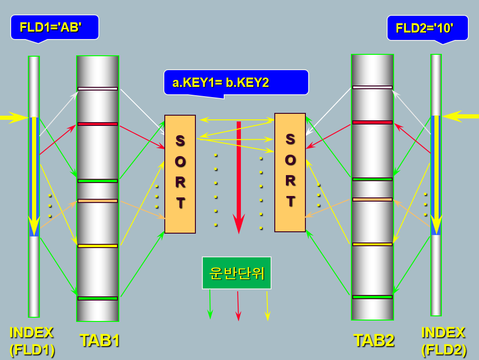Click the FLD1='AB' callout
click(54, 27)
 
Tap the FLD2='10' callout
click(427, 28)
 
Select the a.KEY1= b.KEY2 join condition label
click(236, 82)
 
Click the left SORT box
click(180, 174)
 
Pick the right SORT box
click(290, 172)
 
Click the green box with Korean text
click(237, 273)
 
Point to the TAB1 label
click(100, 340)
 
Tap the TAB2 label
click(374, 340)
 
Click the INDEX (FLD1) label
click(32, 341)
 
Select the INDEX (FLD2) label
click(444, 341)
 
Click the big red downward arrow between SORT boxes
click(239, 177)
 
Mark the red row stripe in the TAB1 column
click(97, 124)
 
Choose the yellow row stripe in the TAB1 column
click(97, 246)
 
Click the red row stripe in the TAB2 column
click(372, 123)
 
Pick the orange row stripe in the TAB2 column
click(372, 200)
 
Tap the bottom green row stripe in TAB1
click(97, 298)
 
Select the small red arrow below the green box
click(238, 306)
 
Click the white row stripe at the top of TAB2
click(372, 87)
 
